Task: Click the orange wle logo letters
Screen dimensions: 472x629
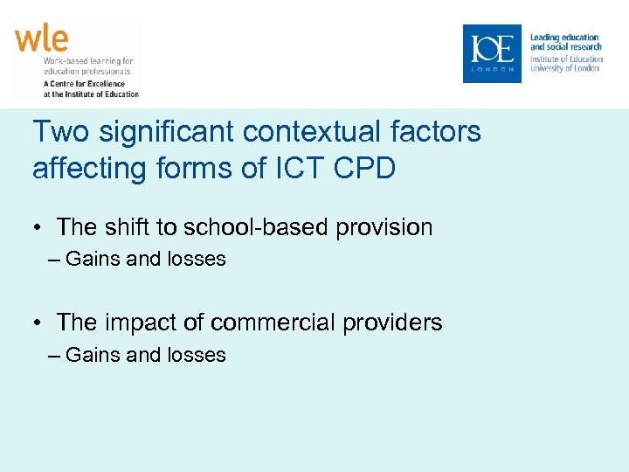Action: [x=41, y=39]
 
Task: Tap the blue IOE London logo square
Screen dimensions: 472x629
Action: [x=491, y=53]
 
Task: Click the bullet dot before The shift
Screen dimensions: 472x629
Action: [x=39, y=228]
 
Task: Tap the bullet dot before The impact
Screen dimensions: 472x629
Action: [x=39, y=323]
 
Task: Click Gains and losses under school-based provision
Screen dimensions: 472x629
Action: [x=145, y=259]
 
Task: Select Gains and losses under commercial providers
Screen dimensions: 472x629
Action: [x=145, y=355]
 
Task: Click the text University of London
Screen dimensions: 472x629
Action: [x=565, y=68]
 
